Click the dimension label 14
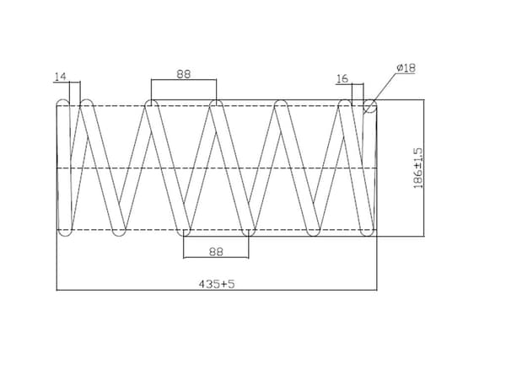click(x=61, y=77)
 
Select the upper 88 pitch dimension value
click(x=184, y=74)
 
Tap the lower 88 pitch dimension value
click(x=216, y=252)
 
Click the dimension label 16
click(x=342, y=78)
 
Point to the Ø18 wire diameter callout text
click(x=406, y=68)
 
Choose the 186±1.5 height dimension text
click(x=417, y=168)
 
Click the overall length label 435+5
click(x=217, y=284)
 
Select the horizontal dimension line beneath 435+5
click(x=217, y=290)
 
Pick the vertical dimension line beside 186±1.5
click(x=424, y=168)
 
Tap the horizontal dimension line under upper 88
click(x=184, y=80)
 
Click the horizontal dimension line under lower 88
click(x=216, y=258)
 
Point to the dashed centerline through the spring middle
click(x=217, y=168)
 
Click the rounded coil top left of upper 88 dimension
click(x=151, y=104)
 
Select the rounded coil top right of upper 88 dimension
click(x=217, y=104)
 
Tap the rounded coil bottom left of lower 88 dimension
click(x=184, y=232)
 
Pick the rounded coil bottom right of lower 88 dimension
click(x=249, y=232)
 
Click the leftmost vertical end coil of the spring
click(x=63, y=168)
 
